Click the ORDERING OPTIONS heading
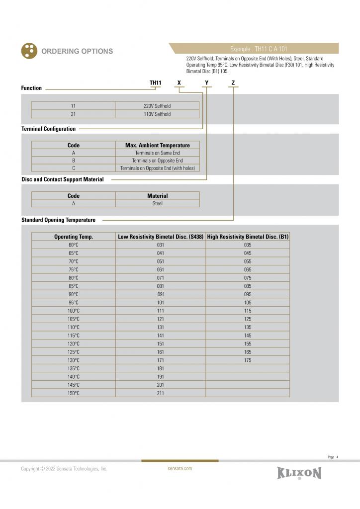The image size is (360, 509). point(77,51)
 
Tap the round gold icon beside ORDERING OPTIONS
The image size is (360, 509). point(29,51)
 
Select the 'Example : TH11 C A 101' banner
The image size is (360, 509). point(258,49)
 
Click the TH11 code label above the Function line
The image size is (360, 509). point(156,83)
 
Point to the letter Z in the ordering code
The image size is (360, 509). point(233,83)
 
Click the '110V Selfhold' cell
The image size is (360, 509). point(157,114)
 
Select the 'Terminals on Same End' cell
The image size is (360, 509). point(157,153)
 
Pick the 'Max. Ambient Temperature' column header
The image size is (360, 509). point(157,145)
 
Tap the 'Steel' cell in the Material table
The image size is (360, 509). point(157,203)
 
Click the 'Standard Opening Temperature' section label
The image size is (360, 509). point(58,220)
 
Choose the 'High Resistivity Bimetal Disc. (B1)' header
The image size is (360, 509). point(248,237)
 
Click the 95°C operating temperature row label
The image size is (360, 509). point(74,302)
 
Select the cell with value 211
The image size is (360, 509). point(161,393)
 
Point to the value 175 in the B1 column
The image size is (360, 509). point(248,360)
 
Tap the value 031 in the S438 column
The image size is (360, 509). point(161,245)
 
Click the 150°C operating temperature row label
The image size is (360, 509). point(74,393)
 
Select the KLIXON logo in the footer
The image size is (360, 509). point(299,473)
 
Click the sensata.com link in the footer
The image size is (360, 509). point(180,468)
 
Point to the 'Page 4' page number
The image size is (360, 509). point(333,457)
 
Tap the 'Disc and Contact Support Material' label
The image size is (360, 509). point(62,179)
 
